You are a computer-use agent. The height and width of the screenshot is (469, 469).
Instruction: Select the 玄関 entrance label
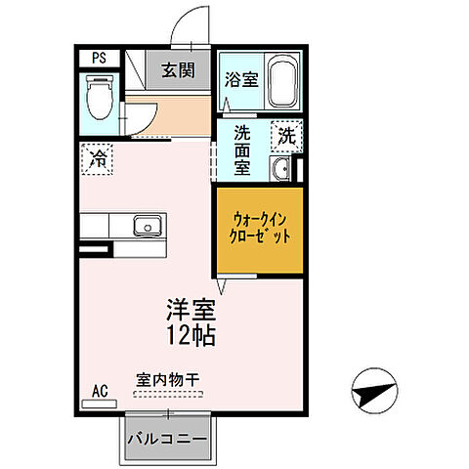pyautogui.click(x=178, y=70)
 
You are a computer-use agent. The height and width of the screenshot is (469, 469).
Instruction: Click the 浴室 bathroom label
pyautogui.click(x=240, y=79)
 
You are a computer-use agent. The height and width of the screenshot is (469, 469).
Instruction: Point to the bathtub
pyautogui.click(x=283, y=83)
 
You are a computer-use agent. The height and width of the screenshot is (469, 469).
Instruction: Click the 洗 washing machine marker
pyautogui.click(x=286, y=135)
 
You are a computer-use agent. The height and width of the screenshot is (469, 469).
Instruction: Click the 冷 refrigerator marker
pyautogui.click(x=98, y=158)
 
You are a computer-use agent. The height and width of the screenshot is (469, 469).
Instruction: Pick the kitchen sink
pyautogui.click(x=150, y=228)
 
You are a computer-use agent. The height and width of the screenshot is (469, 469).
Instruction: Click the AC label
pyautogui.click(x=99, y=392)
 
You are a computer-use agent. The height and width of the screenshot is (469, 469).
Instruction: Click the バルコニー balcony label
pyautogui.click(x=166, y=438)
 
